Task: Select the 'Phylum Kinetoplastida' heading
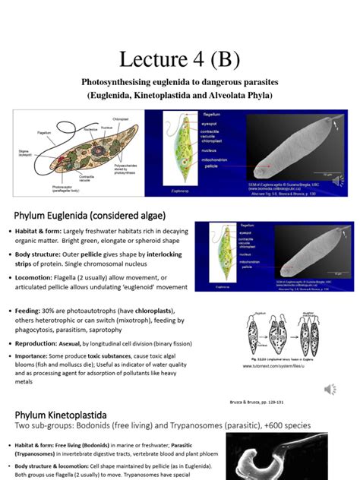[x=70, y=415]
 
